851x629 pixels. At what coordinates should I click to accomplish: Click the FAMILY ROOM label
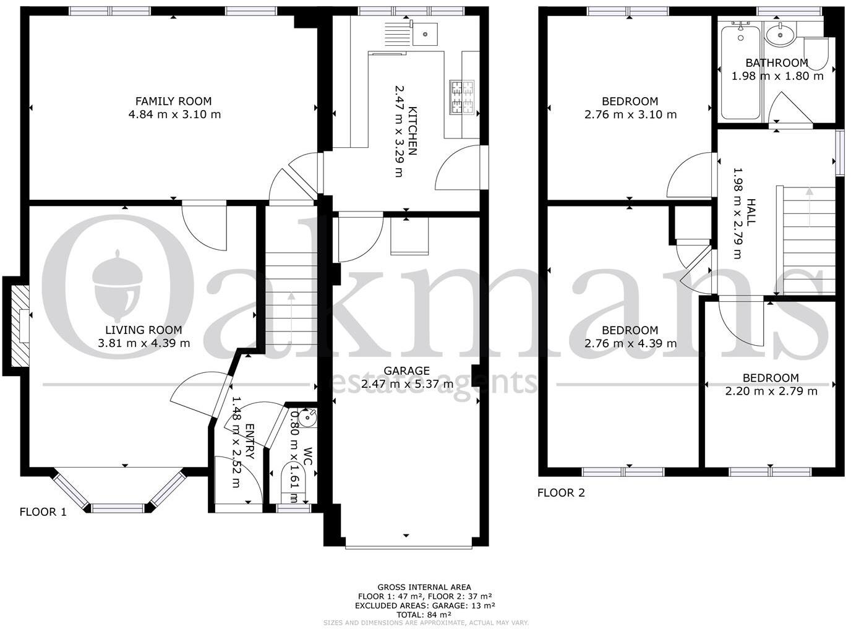pyautogui.click(x=174, y=101)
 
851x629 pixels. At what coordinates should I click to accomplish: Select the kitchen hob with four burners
pyautogui.click(x=463, y=98)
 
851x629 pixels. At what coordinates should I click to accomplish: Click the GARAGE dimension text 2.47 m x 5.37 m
pyautogui.click(x=407, y=384)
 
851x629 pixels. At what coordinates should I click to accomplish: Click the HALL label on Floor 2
pyautogui.click(x=751, y=212)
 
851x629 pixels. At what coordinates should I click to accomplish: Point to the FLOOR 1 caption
pyautogui.click(x=43, y=512)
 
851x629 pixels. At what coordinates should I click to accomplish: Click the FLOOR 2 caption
pyautogui.click(x=561, y=493)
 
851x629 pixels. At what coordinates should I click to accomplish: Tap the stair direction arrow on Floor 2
pyautogui.click(x=809, y=208)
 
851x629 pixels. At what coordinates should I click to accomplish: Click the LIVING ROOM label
pyautogui.click(x=143, y=330)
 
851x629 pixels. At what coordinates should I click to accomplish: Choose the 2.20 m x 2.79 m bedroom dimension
pyautogui.click(x=771, y=391)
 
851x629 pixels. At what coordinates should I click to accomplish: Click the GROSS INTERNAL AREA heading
pyautogui.click(x=424, y=587)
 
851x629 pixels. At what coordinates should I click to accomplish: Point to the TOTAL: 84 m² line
pyautogui.click(x=424, y=615)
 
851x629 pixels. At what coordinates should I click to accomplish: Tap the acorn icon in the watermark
pyautogui.click(x=116, y=281)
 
